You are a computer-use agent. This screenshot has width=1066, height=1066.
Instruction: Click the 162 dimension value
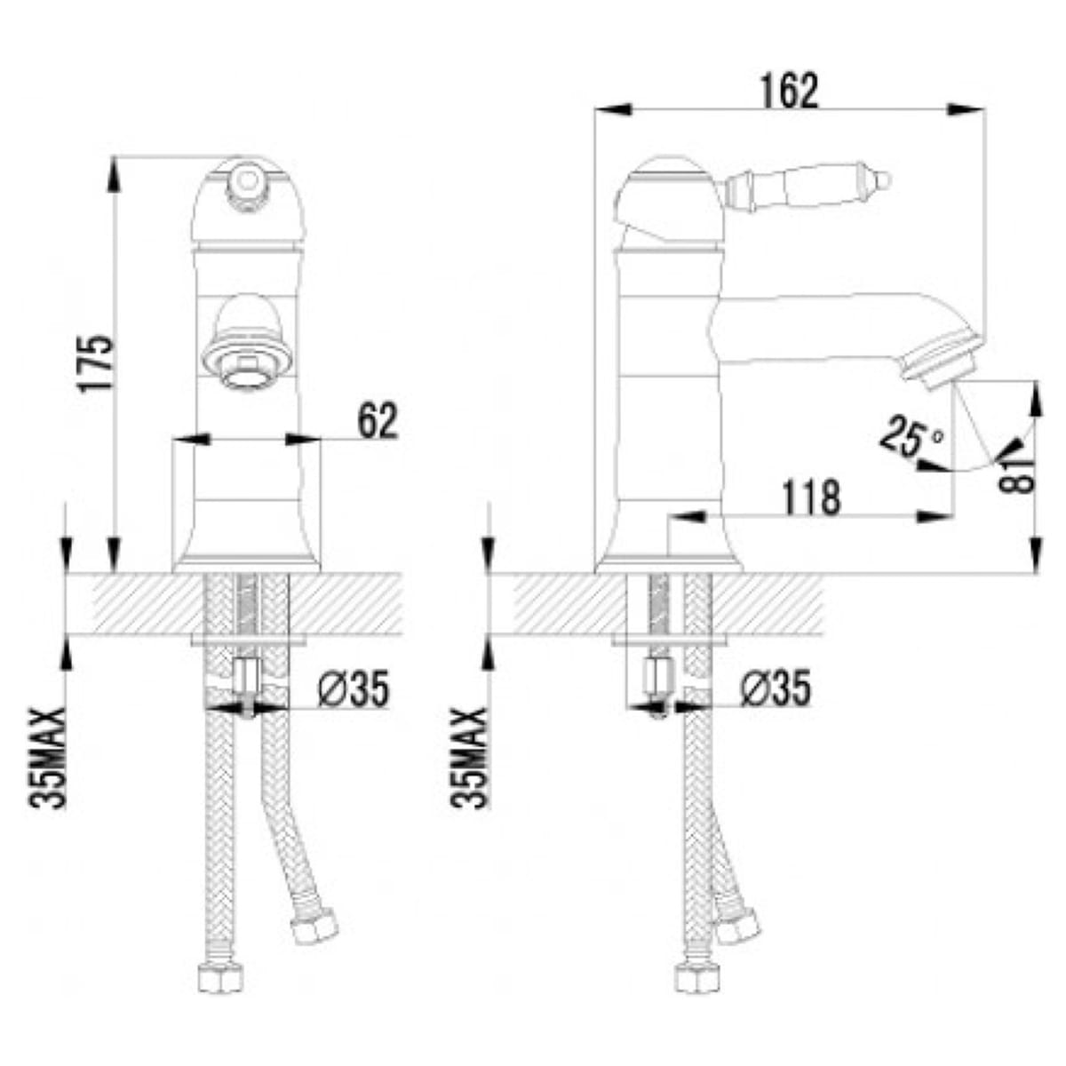click(x=790, y=91)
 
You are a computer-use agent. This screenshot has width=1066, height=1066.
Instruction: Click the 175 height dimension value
click(x=97, y=363)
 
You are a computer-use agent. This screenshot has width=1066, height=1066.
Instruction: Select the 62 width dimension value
click(x=378, y=421)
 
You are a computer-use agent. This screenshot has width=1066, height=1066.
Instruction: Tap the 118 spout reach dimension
click(x=812, y=497)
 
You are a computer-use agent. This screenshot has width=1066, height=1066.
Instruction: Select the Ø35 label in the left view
click(x=354, y=688)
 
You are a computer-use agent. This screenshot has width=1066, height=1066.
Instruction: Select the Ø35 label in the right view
click(x=775, y=688)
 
